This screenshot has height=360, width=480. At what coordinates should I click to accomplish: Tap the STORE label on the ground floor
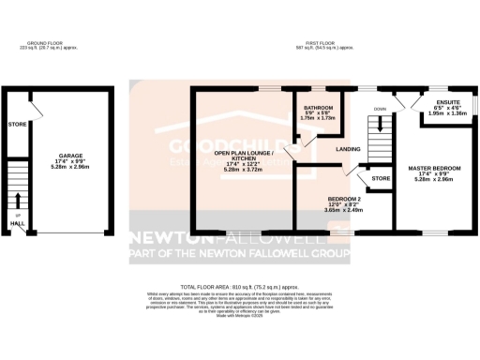pos(16,124)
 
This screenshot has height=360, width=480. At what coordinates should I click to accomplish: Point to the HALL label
pos(18,224)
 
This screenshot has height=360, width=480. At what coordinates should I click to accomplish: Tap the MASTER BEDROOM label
pos(432,169)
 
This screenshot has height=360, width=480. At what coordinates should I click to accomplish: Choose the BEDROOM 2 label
pos(344,199)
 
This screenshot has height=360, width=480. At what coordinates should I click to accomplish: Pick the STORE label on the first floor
pos(380,178)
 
